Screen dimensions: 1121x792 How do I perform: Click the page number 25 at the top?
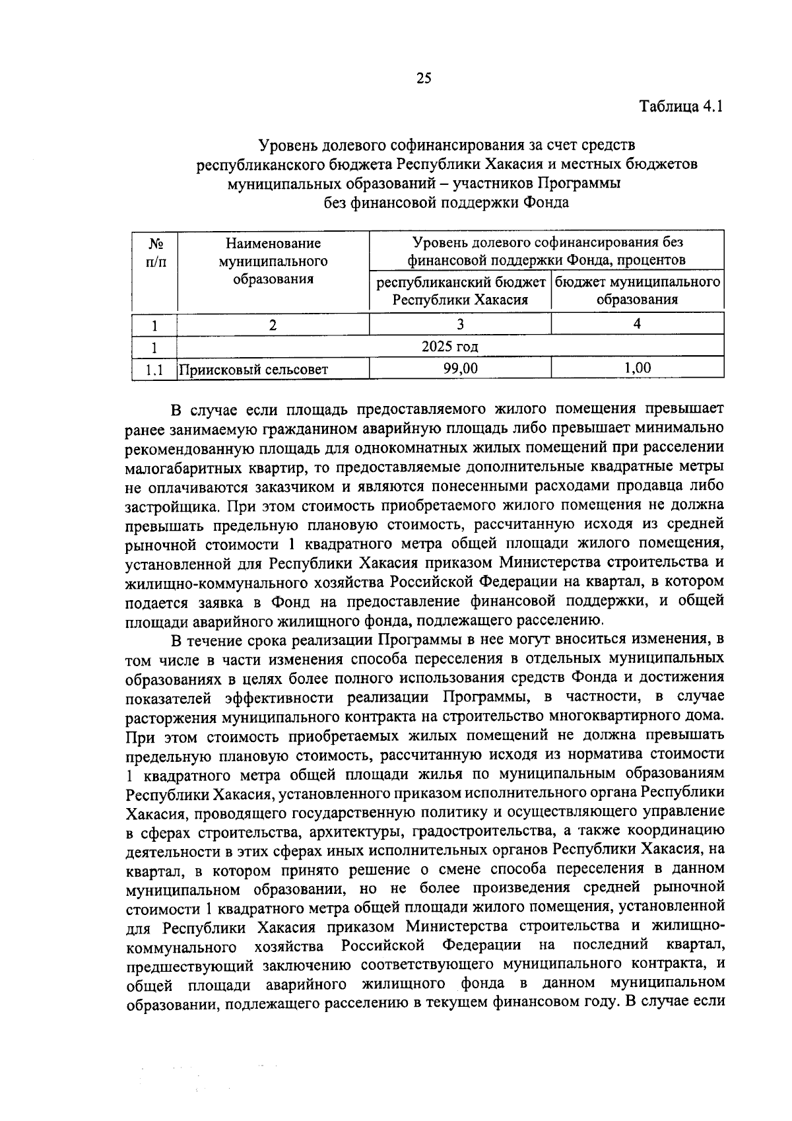click(x=424, y=79)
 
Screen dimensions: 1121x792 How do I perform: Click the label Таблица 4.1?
click(x=682, y=106)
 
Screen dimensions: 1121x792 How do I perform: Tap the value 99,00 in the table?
click(x=460, y=368)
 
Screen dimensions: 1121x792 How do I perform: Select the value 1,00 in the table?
click(x=637, y=368)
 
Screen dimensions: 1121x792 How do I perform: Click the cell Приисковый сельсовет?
click(x=254, y=370)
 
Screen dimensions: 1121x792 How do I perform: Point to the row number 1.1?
click(x=154, y=370)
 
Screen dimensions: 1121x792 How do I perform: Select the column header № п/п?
click(x=154, y=253)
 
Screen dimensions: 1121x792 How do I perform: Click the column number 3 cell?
click(x=460, y=324)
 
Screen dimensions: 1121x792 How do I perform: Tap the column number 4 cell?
click(x=637, y=324)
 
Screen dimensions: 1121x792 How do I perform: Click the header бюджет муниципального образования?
click(x=637, y=290)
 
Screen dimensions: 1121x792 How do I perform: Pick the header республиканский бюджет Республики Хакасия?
click(x=460, y=290)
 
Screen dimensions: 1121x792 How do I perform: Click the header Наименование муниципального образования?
click(x=273, y=261)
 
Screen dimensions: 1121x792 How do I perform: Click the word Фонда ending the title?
click(x=546, y=203)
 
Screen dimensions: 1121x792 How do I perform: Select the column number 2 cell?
click(x=273, y=324)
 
